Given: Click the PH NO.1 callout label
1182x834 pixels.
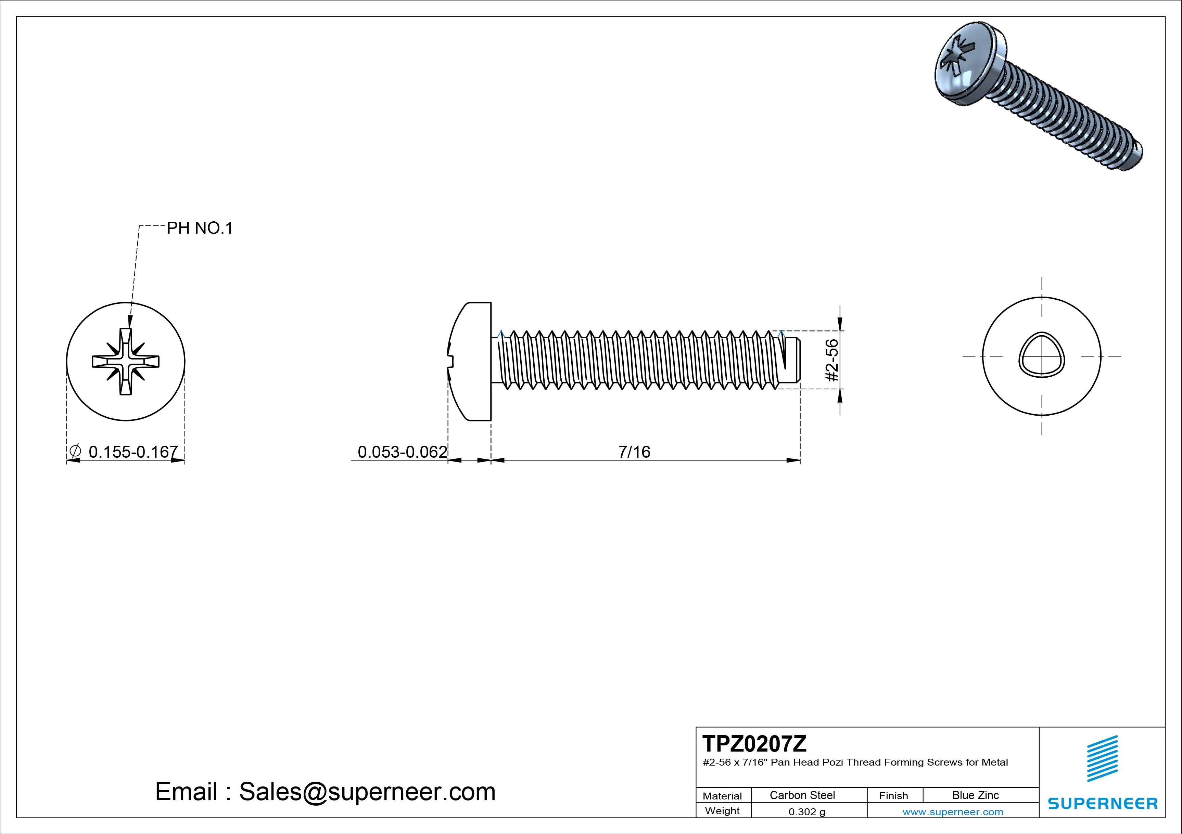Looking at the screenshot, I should click(200, 228).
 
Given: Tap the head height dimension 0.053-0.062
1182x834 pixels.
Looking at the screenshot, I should click(402, 452).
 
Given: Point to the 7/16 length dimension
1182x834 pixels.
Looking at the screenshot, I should click(634, 452).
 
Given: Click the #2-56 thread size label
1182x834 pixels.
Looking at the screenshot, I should click(832, 360).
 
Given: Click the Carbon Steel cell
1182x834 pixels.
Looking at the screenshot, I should click(802, 795).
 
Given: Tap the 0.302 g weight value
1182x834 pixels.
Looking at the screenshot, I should click(807, 812).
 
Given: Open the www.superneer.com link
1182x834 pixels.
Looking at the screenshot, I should click(952, 812).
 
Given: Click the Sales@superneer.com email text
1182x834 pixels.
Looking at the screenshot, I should click(367, 791).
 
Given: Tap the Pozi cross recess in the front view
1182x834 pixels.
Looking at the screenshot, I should click(126, 362).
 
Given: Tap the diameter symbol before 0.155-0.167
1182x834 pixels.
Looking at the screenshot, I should click(75, 451).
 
